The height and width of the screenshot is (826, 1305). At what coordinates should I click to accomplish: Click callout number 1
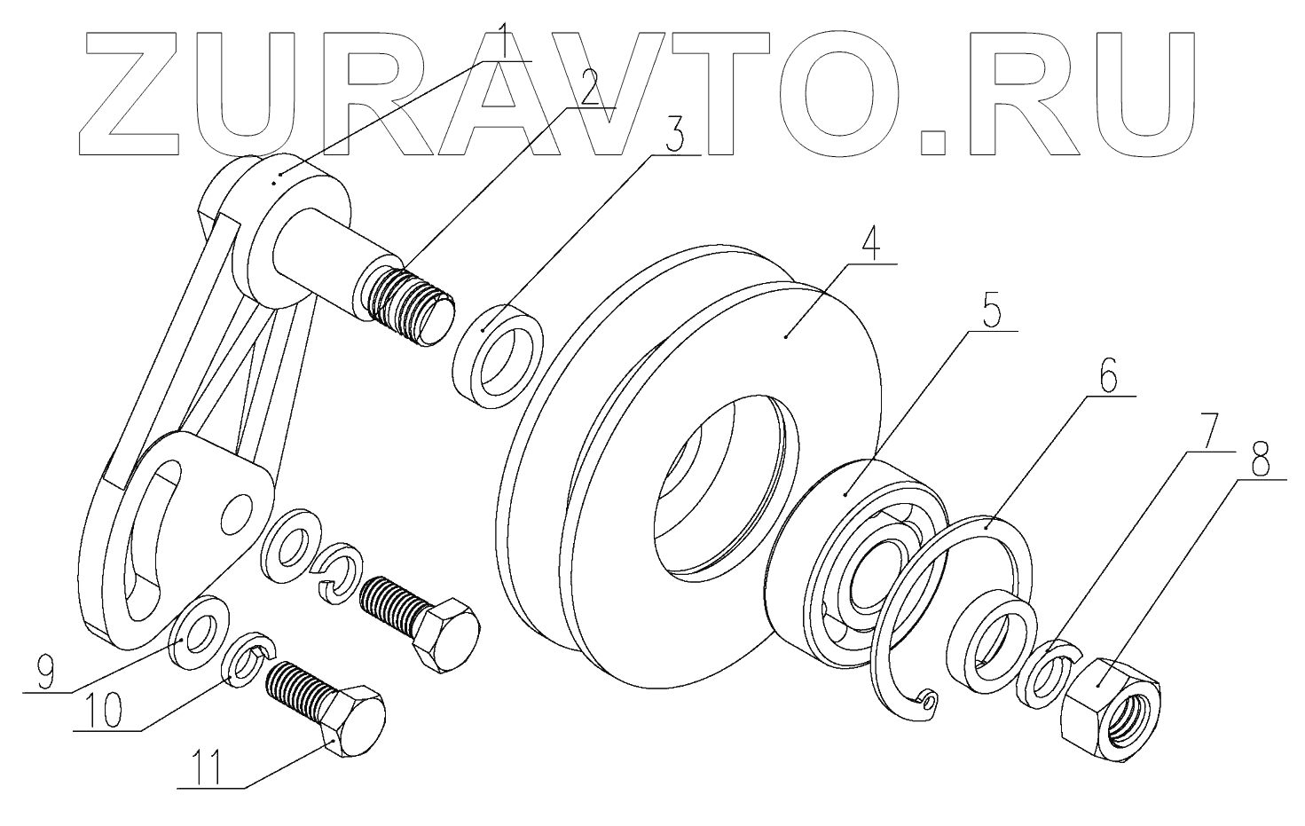click(502, 40)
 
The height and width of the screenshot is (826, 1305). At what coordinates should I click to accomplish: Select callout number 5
click(991, 312)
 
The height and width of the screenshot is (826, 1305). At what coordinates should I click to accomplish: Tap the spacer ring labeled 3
click(498, 356)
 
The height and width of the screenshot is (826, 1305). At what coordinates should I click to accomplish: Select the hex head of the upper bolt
click(446, 631)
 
